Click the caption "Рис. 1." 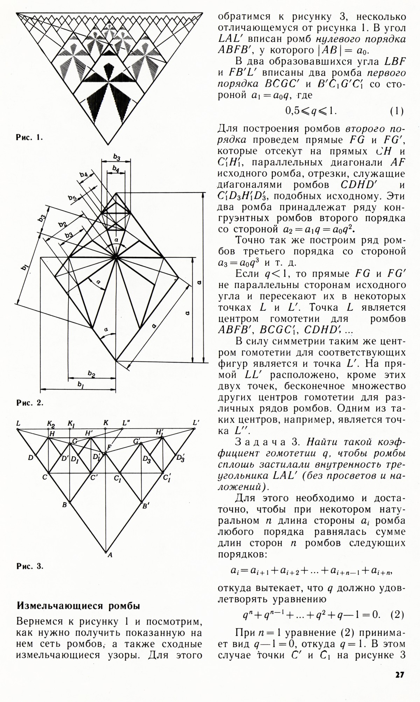pos(29,138)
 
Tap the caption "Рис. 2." pos(29,403)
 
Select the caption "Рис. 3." pos(29,567)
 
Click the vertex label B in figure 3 pos(64,505)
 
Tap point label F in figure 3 pos(109,448)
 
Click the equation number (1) pos(397,111)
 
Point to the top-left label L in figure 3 pos(18,423)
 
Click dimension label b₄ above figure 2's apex pos(115,169)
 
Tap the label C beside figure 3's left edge pos(45,477)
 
